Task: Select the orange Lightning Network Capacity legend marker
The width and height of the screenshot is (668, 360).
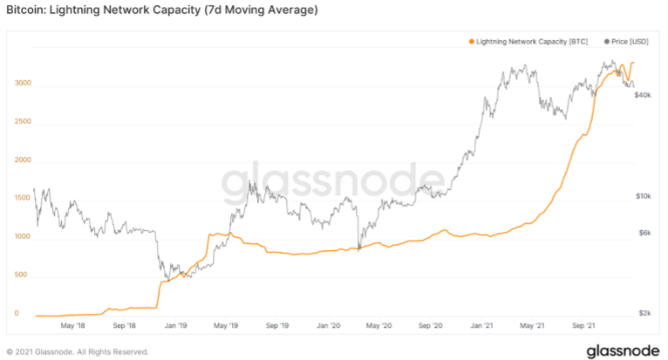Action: point(473,41)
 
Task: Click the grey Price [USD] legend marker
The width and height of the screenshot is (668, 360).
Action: point(608,41)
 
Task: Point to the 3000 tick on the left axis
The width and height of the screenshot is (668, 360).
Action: point(24,84)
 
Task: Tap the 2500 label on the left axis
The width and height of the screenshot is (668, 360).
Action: point(24,122)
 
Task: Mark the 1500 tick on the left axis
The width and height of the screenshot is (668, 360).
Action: point(24,198)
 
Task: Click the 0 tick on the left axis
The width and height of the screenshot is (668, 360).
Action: point(17,313)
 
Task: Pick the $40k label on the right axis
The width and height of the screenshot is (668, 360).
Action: point(644,94)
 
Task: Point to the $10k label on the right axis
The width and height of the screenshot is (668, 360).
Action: point(644,197)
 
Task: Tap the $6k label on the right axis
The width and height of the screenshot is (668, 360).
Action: point(644,233)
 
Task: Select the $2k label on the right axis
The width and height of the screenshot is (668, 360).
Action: point(644,313)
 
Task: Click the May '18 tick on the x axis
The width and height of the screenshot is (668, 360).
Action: point(74,326)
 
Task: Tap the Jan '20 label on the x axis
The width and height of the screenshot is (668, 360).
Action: point(328,326)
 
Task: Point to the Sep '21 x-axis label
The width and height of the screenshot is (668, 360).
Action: point(582,326)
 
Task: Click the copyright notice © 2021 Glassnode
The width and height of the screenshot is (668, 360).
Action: point(77,351)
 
